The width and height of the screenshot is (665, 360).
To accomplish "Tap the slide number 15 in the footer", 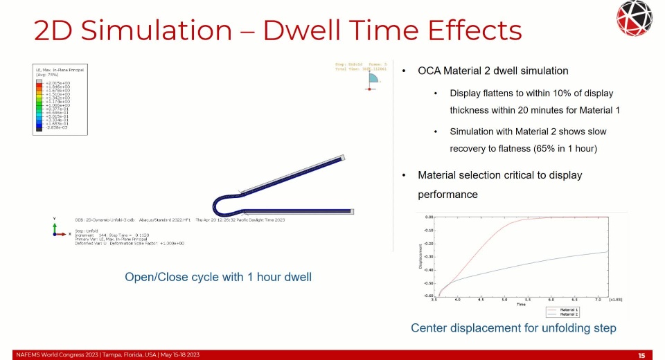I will pyautogui.click(x=641, y=355).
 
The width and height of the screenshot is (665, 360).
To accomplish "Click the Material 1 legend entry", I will pyautogui.click(x=569, y=309).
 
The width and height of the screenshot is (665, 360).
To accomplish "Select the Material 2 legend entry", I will pyautogui.click(x=569, y=314).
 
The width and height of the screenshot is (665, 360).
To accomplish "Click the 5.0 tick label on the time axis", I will pyautogui.click(x=504, y=300).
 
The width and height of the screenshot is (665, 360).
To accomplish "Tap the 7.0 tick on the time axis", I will pyautogui.click(x=597, y=300).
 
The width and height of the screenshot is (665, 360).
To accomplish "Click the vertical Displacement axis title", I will pyautogui.click(x=420, y=258).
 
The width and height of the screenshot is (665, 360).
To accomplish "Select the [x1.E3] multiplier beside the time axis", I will pyautogui.click(x=614, y=300).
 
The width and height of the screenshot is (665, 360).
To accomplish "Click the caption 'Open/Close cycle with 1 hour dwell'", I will pyautogui.click(x=218, y=277).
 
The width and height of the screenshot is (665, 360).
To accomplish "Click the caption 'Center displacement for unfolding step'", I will pyautogui.click(x=513, y=327).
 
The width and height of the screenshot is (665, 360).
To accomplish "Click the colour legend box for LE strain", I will pyautogui.click(x=60, y=100).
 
